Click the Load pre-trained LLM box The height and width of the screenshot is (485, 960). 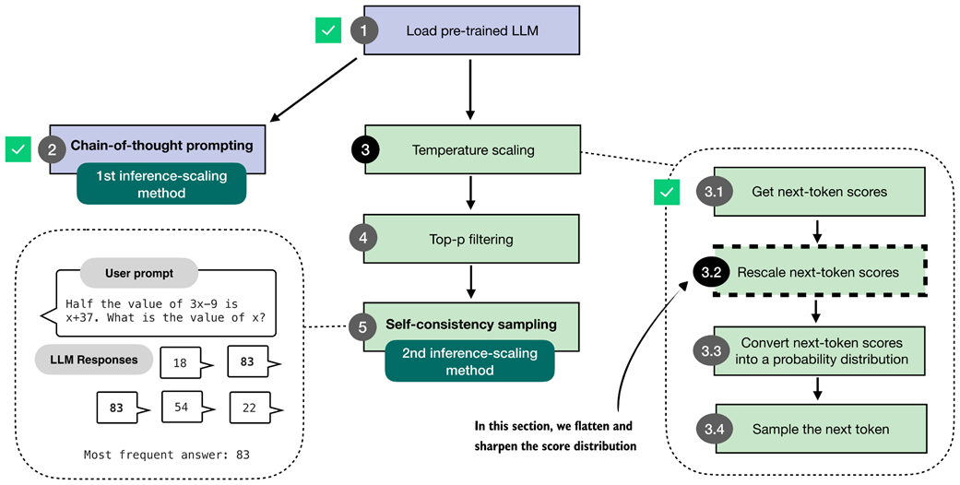[471, 31]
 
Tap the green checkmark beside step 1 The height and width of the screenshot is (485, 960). [327, 30]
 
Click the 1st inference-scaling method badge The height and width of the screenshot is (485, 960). [161, 183]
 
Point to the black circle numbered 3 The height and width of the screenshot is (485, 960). [365, 150]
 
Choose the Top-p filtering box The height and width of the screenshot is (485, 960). [471, 239]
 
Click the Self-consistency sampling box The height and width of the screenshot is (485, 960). [471, 325]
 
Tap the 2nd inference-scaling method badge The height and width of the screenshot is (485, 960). [469, 361]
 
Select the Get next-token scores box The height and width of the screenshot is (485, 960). [820, 192]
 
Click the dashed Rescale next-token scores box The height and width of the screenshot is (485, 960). [820, 272]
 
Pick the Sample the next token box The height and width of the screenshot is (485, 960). [820, 429]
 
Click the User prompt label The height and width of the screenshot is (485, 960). [138, 273]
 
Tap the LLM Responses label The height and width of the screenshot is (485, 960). [93, 359]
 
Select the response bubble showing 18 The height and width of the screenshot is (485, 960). [182, 363]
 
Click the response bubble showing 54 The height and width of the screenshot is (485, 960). [182, 407]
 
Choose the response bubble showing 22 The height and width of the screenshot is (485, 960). [247, 407]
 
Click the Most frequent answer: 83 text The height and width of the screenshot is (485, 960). [166, 455]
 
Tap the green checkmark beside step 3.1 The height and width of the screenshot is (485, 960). [665, 193]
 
